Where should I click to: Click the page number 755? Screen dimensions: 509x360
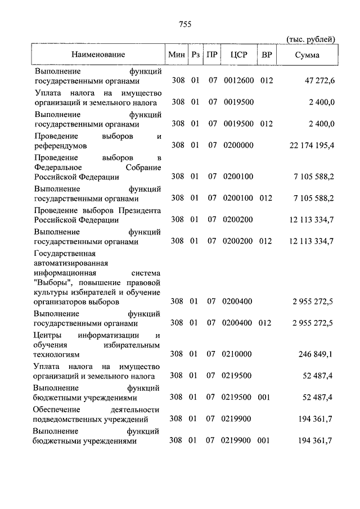pos(185,24)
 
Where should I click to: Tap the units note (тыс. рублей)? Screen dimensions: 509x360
pos(311,39)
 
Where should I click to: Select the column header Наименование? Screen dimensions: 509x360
pos(98,55)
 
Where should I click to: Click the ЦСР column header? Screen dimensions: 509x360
pos(237,55)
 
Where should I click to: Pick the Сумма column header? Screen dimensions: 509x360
pos(307,55)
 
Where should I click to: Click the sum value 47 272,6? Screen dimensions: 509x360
pos(320,81)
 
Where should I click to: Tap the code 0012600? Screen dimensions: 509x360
pos(238,81)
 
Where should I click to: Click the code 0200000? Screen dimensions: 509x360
pos(238,145)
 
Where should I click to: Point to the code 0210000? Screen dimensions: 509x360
pos(238,354)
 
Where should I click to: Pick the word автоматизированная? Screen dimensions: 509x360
pos(71,263)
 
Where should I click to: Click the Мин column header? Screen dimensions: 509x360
pos(176,55)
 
